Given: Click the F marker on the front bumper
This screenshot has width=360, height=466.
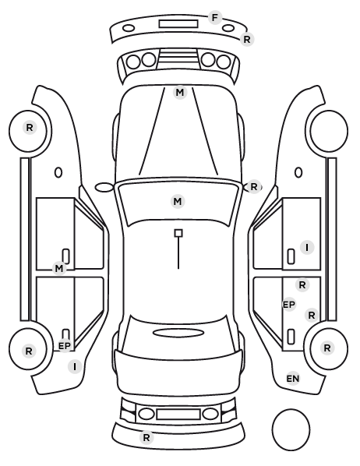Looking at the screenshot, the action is (x=214, y=18).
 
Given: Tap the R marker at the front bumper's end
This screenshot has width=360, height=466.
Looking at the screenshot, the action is (x=247, y=39).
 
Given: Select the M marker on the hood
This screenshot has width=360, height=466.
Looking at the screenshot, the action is (x=180, y=93).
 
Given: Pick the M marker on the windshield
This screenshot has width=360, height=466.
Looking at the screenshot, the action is (x=178, y=202).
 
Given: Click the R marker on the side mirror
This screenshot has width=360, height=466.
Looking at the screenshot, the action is (x=253, y=187).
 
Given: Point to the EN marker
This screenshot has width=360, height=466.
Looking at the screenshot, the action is (x=293, y=379).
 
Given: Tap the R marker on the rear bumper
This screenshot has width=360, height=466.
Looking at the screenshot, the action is (x=146, y=437).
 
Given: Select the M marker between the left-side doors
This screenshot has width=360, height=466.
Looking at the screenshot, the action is (x=59, y=269).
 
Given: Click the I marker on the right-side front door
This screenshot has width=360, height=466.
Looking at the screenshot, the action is (x=307, y=247).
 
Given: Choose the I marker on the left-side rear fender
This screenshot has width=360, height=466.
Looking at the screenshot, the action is (x=75, y=367).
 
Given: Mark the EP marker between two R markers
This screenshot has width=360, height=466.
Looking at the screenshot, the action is (x=288, y=305).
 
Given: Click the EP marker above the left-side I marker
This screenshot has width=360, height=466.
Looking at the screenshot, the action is (x=65, y=346).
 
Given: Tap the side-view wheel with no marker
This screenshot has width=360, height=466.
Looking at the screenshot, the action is (x=329, y=131).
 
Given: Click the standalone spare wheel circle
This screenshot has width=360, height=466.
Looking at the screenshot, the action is (x=291, y=430).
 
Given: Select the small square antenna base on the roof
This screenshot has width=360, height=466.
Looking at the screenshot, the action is (x=178, y=233).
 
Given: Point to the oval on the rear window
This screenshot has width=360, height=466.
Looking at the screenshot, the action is (x=178, y=333).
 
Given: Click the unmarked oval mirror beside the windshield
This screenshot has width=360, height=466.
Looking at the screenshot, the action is (x=104, y=187).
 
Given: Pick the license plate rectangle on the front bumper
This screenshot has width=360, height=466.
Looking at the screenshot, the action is (x=178, y=24).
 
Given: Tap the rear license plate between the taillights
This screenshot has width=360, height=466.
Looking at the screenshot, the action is (x=178, y=415).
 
